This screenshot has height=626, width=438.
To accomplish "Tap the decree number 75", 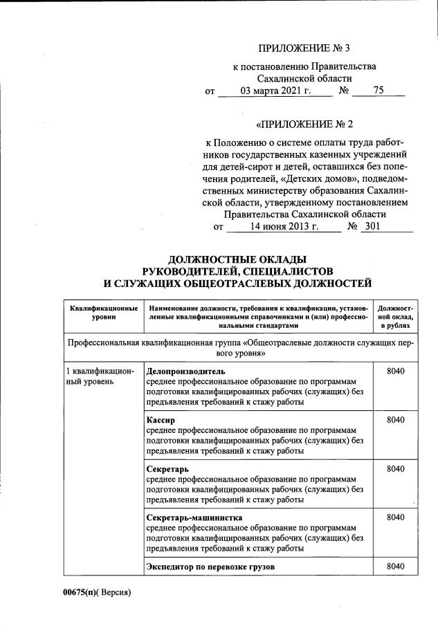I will [x=378, y=91].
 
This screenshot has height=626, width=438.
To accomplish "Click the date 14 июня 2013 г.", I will [x=284, y=226].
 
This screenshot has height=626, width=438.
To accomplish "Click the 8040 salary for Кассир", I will [x=395, y=420].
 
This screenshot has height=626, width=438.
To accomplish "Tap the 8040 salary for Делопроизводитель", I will [x=395, y=371].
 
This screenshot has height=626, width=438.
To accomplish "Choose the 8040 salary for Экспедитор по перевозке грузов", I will [x=395, y=567].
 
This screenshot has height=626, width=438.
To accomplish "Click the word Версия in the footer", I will [x=114, y=592].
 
